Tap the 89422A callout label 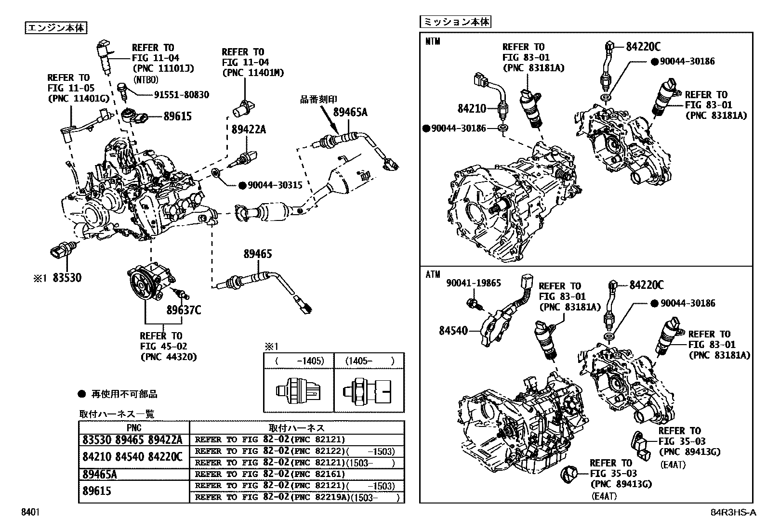(249, 129)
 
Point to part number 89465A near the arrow (350, 112)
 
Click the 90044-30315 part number (275, 185)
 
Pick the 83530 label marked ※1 (67, 278)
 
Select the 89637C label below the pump (184, 310)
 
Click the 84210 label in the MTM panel (472, 109)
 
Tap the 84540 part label (453, 331)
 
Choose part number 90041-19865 (473, 283)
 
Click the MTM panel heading (433, 42)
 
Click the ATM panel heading (433, 275)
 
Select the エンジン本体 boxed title (56, 28)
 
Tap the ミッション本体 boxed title (455, 22)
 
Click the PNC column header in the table (134, 428)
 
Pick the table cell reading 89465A (100, 475)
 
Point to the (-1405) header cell (299, 361)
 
